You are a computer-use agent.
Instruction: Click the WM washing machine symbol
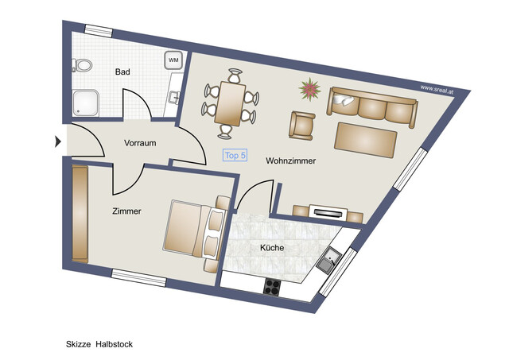coord(173,59)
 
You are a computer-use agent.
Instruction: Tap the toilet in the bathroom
coord(82,64)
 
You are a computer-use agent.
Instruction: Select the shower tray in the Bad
coord(84,101)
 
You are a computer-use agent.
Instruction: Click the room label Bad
coord(122,72)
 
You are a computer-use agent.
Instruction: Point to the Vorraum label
coord(139,143)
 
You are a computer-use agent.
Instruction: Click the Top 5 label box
coord(235,156)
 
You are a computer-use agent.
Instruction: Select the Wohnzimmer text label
coord(290,161)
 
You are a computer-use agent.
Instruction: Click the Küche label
coord(271,248)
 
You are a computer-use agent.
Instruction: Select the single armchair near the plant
coord(302,124)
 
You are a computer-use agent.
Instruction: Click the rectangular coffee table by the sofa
coord(366,138)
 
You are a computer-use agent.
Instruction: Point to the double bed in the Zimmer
coord(193,230)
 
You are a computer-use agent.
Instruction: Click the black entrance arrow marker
coord(57,142)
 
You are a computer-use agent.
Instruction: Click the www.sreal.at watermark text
coord(436,89)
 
